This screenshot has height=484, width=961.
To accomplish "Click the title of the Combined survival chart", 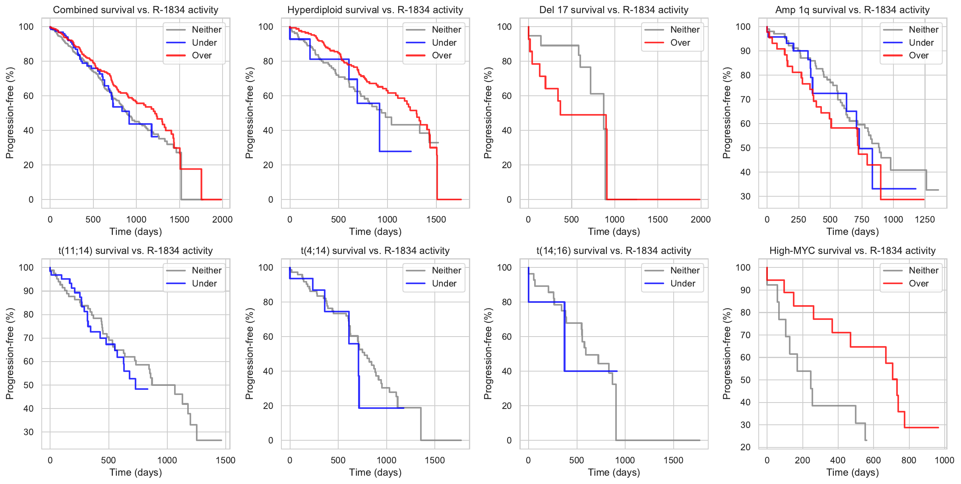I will [x=136, y=10].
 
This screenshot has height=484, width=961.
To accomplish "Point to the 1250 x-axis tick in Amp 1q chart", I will [x=925, y=219].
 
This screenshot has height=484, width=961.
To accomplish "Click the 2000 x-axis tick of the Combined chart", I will [x=222, y=219].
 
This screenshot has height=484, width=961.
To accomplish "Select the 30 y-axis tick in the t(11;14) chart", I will [x=29, y=432].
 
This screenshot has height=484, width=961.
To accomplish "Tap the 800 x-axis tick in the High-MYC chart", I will [x=909, y=460].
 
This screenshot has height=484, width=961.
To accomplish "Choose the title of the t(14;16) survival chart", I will [x=614, y=251].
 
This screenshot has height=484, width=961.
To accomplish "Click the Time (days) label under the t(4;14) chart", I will [x=375, y=472].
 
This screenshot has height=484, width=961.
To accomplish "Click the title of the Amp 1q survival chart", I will [x=852, y=10].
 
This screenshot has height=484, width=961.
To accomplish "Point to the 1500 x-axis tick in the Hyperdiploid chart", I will [x=436, y=219].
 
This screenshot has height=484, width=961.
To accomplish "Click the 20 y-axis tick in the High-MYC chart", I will [x=745, y=447].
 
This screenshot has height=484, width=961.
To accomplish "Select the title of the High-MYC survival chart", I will [x=852, y=251].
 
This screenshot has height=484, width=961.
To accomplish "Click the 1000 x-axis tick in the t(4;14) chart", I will [x=386, y=460].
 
